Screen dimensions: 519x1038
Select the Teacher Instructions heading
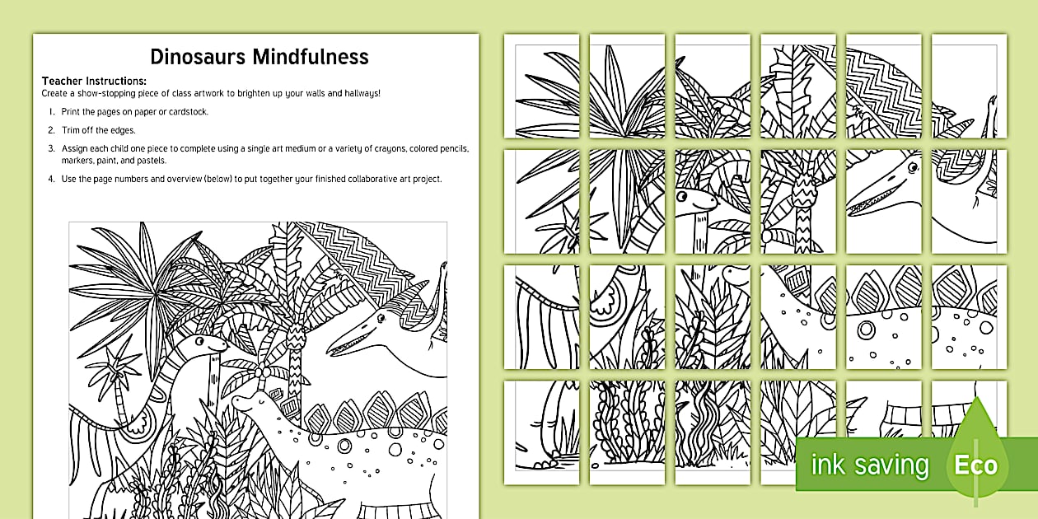tap(94, 81)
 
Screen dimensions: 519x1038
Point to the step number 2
tap(51, 130)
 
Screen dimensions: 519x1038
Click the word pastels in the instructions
tap(151, 161)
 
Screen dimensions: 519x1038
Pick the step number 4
tap(51, 179)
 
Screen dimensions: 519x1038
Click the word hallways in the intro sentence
tap(357, 94)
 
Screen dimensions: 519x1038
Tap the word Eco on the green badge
tap(976, 465)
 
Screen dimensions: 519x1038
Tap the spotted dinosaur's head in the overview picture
tap(245, 404)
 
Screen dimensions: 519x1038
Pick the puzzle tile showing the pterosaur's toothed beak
tap(883, 201)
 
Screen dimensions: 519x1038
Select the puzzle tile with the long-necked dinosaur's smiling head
tap(713, 201)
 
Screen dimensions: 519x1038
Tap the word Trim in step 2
tap(71, 130)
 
